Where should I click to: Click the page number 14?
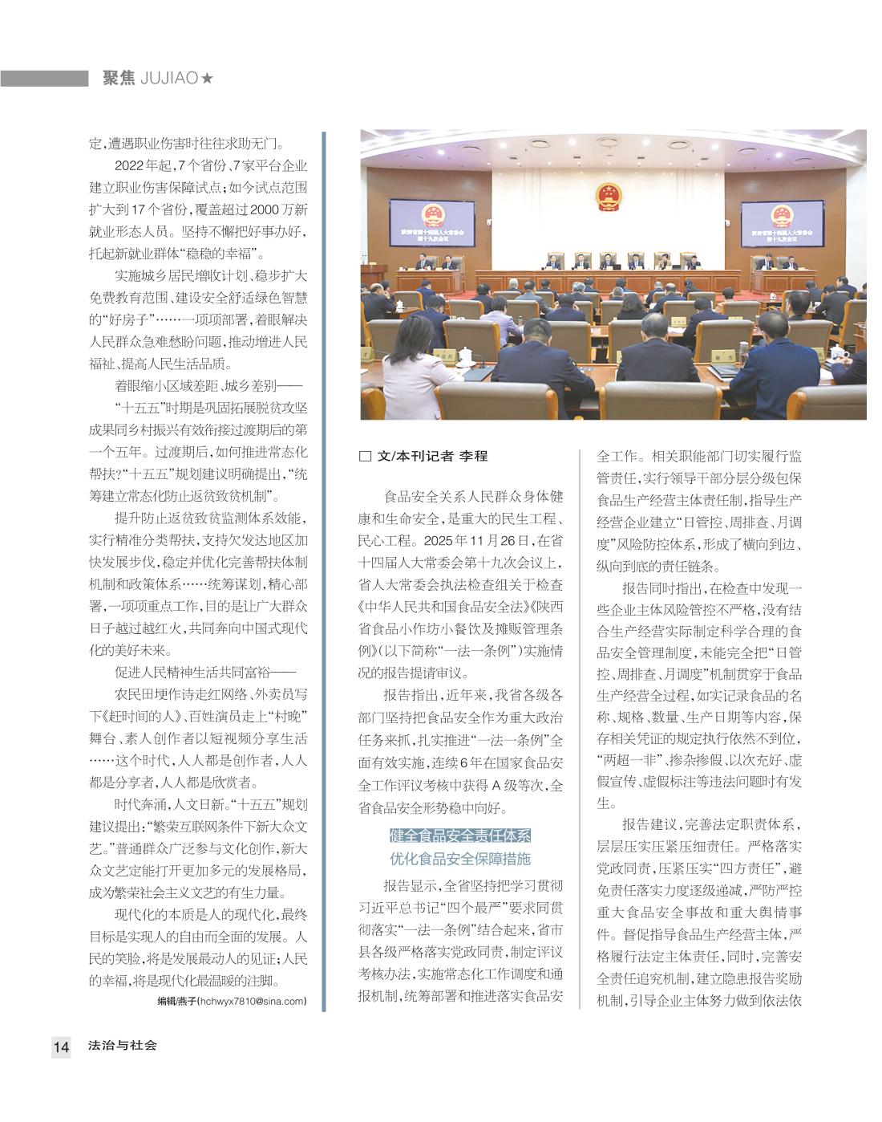[x=61, y=1047]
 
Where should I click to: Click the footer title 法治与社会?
[x=123, y=1045]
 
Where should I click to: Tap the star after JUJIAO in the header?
[x=208, y=79]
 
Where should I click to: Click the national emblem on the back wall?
[x=609, y=197]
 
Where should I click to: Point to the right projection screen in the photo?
[x=779, y=224]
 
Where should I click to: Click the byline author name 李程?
[x=473, y=456]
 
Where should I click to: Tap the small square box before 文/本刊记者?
[x=365, y=457]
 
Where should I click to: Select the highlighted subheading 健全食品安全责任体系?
[x=460, y=835]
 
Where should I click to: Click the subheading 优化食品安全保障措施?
[x=460, y=859]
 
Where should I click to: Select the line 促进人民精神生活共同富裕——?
[x=205, y=671]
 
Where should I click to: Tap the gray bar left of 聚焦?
[x=44, y=79]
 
